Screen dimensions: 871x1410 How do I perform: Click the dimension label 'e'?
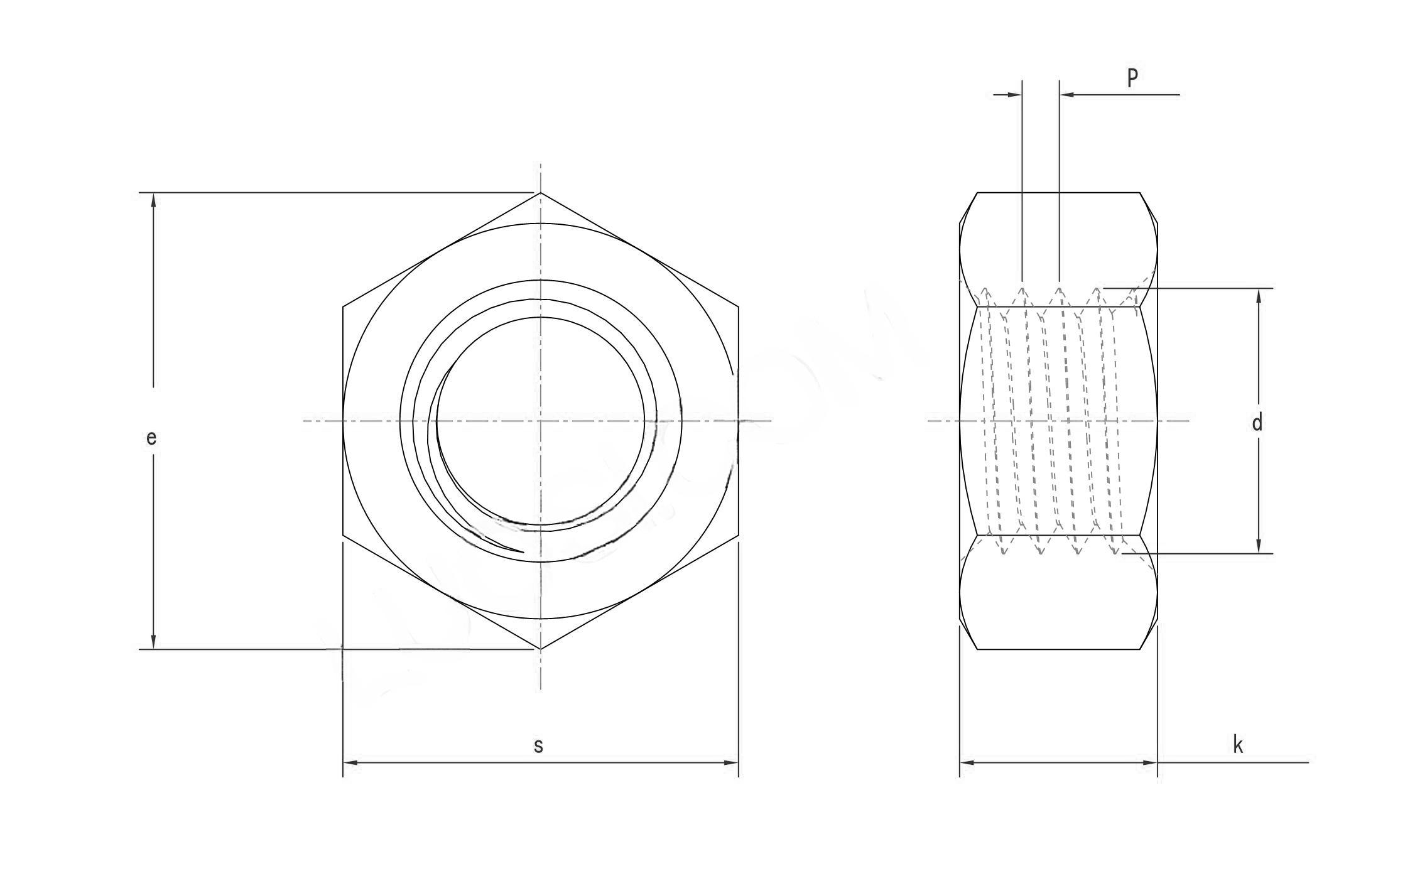coord(151,438)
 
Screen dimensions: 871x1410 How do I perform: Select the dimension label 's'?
coord(538,745)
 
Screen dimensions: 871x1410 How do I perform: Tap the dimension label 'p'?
coord(1132,77)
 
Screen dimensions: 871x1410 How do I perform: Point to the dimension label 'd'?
coord(1257,423)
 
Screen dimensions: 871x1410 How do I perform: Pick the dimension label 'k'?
coord(1238,745)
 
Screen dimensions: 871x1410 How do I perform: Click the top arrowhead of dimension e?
coord(153,198)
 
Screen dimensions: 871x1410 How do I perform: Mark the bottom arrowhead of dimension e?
coord(153,643)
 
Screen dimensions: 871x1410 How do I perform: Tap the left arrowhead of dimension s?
coord(349,762)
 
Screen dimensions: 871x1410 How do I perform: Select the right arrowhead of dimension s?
coord(732,762)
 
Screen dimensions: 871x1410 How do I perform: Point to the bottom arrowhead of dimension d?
coord(1259,548)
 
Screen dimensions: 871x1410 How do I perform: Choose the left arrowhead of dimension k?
coord(966,762)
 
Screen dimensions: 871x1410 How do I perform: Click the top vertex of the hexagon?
coord(541,193)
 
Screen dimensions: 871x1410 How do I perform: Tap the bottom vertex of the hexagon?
coord(541,649)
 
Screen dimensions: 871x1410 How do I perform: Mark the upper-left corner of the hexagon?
coord(343,307)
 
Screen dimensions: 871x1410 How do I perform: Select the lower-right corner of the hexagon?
coord(739,536)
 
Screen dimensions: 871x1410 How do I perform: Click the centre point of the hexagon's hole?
coord(541,421)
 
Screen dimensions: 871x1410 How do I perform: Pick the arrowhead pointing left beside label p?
coord(1066,95)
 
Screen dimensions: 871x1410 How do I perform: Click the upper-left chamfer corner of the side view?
coord(977,193)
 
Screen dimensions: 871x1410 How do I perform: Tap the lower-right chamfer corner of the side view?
coord(1140,649)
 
